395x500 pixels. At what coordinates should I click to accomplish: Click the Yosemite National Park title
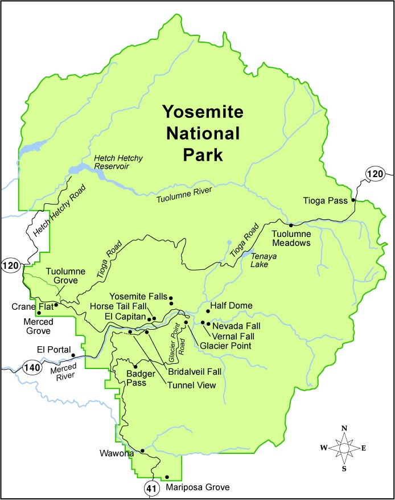coord(202,133)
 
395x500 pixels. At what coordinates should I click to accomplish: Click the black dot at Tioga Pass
coord(353,200)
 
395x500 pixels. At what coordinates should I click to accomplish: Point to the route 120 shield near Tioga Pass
coord(376,173)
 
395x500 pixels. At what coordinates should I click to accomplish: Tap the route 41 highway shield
coord(150,488)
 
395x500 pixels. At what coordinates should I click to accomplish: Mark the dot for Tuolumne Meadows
coord(291,226)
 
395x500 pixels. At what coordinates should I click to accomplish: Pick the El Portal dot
coord(73,355)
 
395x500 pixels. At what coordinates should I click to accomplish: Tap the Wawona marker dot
coord(142,450)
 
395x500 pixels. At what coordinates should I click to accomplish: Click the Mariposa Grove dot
coord(167,477)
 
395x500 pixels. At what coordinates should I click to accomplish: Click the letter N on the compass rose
coord(344,428)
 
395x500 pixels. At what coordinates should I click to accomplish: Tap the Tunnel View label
coord(191,385)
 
